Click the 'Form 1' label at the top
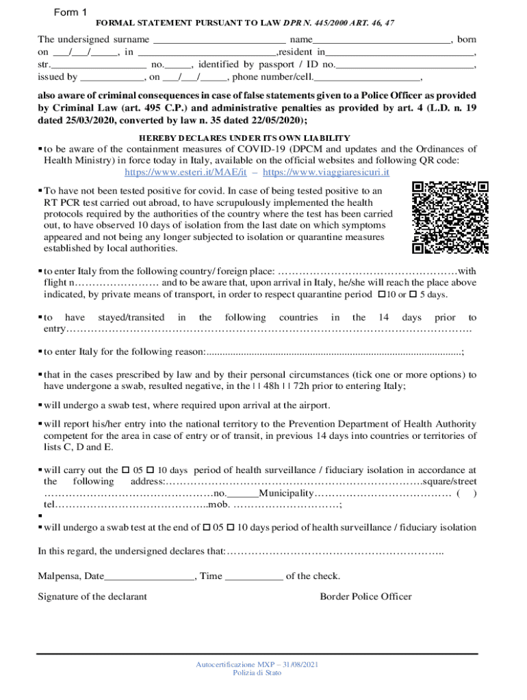click(70, 13)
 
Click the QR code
click(450, 217)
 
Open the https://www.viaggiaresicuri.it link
click(326, 172)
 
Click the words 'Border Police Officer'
click(365, 596)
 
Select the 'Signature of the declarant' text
click(92, 596)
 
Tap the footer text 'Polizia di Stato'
click(257, 673)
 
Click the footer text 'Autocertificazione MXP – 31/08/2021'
click(257, 664)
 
